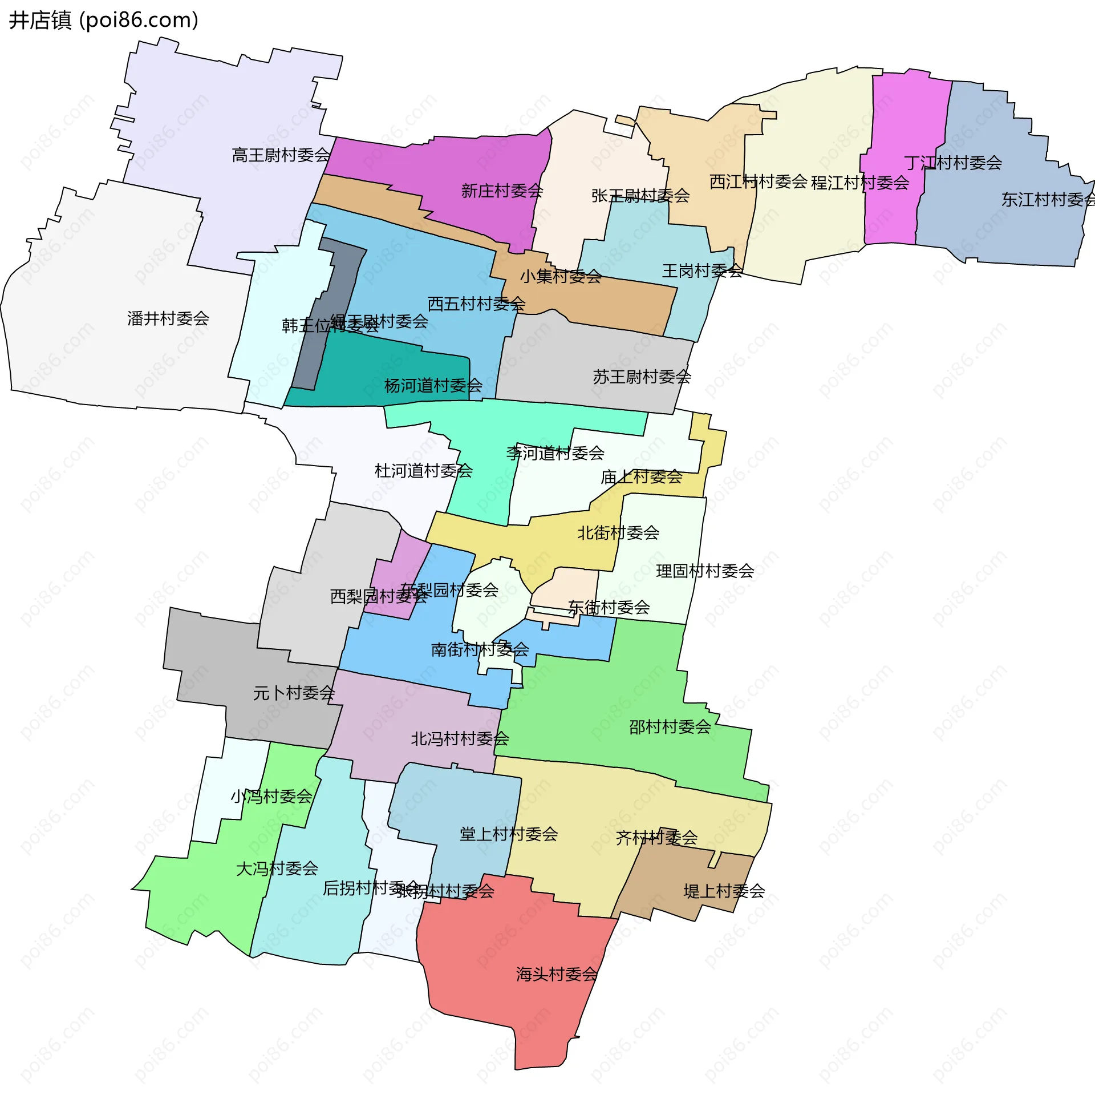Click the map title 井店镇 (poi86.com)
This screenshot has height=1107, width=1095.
coord(104,20)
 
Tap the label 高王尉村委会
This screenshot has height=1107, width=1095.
coord(281,155)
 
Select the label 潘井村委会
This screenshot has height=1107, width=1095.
coord(168,318)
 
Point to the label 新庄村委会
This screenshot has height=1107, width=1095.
coord(502,191)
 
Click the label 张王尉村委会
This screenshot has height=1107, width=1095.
coord(640,196)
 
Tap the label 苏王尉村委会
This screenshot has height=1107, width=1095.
coord(642,377)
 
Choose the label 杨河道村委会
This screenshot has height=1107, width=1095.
coord(433,386)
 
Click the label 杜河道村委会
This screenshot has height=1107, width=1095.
coord(423,471)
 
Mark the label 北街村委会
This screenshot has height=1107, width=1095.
coord(618,533)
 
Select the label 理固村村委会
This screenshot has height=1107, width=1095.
coord(704,571)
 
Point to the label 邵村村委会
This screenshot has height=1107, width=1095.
coord(670,727)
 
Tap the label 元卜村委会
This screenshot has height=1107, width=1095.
coord(294,693)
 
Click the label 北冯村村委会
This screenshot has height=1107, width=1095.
coord(459,739)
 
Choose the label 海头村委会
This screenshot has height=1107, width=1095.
coord(557,974)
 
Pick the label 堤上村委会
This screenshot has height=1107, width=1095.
coord(724,891)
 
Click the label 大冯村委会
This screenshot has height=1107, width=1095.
coord(277,868)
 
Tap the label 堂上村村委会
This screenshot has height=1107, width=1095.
coord(509,834)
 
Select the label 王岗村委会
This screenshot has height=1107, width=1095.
coord(702,271)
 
